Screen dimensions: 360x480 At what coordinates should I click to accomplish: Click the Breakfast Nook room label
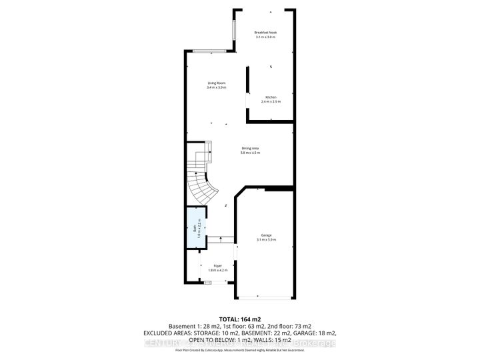point(265,32)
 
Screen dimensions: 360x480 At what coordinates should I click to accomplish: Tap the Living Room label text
point(216,83)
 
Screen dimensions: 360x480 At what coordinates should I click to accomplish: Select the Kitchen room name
point(271,97)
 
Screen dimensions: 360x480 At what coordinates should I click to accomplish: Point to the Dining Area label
point(250,149)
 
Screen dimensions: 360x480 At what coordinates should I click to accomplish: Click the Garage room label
point(266,236)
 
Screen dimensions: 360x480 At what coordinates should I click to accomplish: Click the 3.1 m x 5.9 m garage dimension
point(266,241)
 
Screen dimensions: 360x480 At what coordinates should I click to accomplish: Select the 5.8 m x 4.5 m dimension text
point(250,153)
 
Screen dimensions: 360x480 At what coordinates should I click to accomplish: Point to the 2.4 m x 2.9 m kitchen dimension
point(271,101)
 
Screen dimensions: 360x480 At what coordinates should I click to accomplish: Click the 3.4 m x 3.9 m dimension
point(216,88)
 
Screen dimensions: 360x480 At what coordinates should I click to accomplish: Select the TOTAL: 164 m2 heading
point(239,319)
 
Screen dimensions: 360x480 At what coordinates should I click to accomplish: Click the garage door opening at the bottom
point(265,297)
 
